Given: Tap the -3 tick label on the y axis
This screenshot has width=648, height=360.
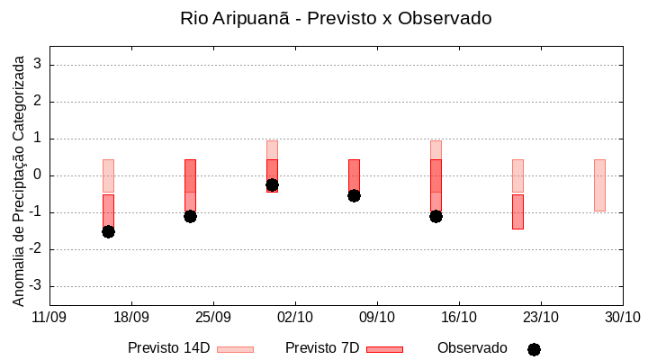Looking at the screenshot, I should (x=35, y=286).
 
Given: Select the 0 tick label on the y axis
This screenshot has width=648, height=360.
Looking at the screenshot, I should (x=39, y=175).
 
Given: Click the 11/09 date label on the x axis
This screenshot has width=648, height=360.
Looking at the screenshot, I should (x=49, y=317).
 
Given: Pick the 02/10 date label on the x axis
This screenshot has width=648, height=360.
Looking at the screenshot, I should (x=295, y=317).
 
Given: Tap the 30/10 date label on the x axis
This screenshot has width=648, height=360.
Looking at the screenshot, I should (x=622, y=317).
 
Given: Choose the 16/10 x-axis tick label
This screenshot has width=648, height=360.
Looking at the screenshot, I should (x=459, y=317).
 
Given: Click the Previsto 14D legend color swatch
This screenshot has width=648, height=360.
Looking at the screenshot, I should (x=235, y=349).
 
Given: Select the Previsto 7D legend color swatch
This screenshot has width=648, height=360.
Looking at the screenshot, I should (x=384, y=349).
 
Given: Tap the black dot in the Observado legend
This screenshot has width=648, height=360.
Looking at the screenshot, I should (x=534, y=349).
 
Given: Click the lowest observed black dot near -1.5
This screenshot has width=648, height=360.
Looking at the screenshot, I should (x=108, y=231).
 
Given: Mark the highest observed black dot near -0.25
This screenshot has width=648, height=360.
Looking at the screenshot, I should (x=272, y=184).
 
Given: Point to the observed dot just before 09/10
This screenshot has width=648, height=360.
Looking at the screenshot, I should (x=354, y=195).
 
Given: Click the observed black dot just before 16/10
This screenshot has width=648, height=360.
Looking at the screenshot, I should (x=436, y=216).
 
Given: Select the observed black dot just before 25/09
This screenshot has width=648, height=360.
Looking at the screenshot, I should (x=190, y=216).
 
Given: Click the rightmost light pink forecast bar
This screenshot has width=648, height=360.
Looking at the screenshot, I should (x=599, y=184).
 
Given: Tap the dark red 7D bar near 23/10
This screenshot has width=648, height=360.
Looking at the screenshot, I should (x=517, y=211).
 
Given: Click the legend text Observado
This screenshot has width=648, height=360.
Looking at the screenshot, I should (x=472, y=348).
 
